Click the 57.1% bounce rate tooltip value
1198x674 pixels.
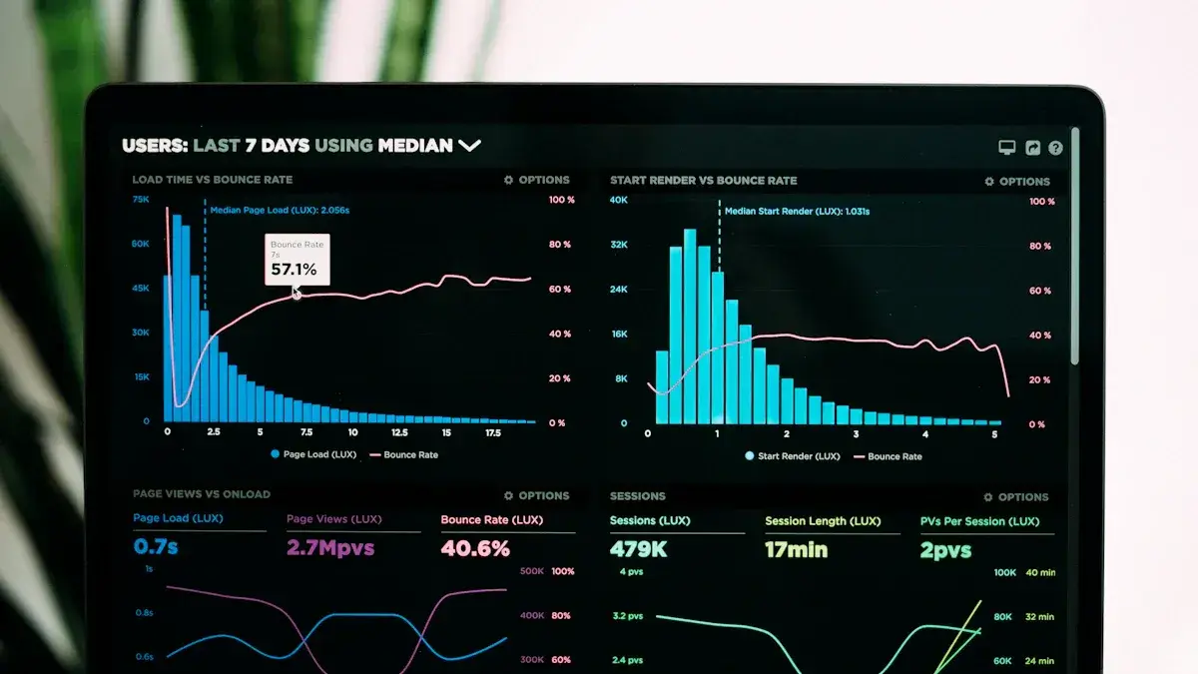[x=294, y=270]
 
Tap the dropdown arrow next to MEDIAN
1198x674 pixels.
[x=469, y=146]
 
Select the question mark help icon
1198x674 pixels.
[x=1055, y=148]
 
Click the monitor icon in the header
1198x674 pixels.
[x=1007, y=148]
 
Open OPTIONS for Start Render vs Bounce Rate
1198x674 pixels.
[x=1017, y=182]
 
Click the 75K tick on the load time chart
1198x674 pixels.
[x=141, y=200]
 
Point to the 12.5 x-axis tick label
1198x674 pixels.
[x=399, y=433]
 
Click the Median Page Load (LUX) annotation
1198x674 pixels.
[x=280, y=211]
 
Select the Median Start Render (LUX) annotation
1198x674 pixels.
[x=797, y=212]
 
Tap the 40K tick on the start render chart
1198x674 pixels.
[x=619, y=201]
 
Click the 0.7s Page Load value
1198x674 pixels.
[x=156, y=547]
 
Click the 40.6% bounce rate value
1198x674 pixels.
[x=475, y=548]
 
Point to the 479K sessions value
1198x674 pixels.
[x=639, y=549]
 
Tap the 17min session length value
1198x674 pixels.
[x=796, y=549]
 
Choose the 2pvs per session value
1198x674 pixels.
[x=945, y=550]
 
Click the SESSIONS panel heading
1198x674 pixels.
[x=638, y=496]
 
